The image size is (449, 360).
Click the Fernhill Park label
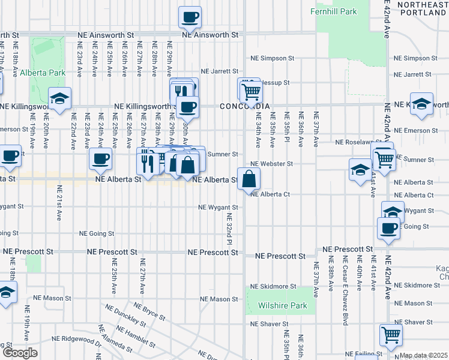[x=334, y=11]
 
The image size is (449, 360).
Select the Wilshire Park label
[x=282, y=305]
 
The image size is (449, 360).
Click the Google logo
[x=20, y=353]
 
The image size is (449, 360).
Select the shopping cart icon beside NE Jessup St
[x=250, y=91]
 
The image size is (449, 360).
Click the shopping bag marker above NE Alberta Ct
[x=248, y=178]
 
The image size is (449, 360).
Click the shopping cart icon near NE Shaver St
[x=391, y=334]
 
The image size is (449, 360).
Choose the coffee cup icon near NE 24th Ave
[x=100, y=158]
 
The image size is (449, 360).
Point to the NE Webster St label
[x=271, y=163]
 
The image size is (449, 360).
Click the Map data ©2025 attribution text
[x=424, y=355]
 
